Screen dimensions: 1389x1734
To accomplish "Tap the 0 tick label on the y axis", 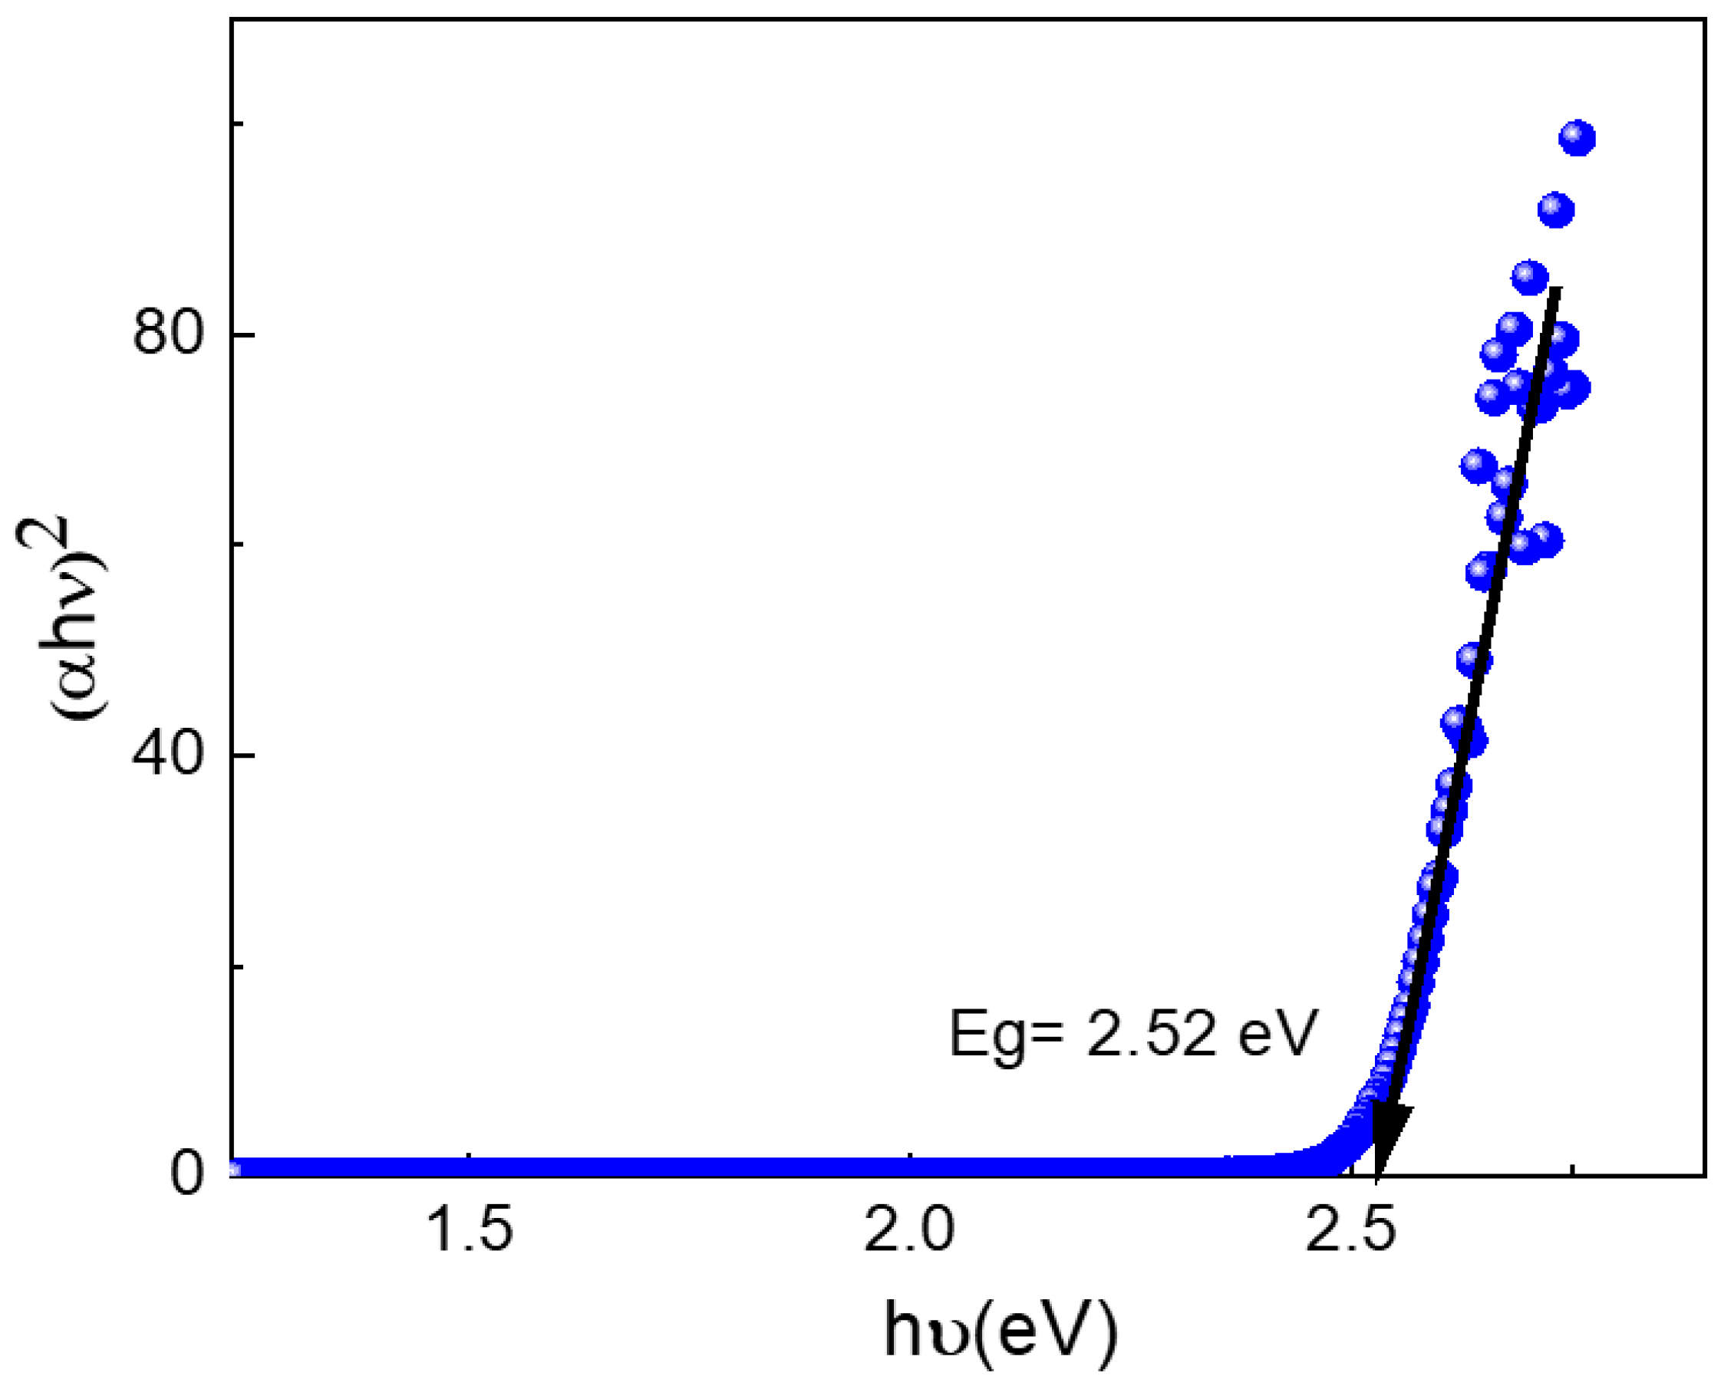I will [186, 1173].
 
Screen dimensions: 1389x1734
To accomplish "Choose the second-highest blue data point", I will [1555, 210].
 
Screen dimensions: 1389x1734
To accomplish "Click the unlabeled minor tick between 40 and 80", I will [237, 545].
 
